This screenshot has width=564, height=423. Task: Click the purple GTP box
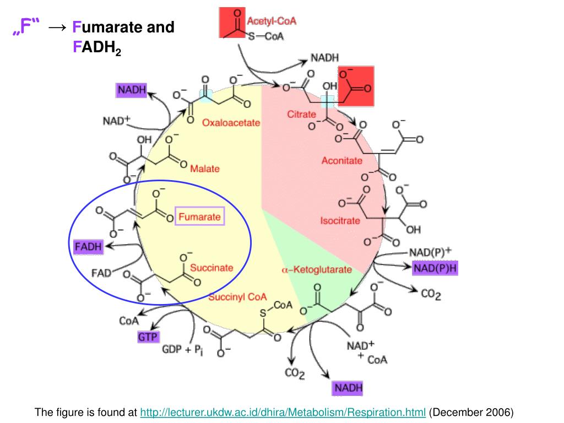coord(148,337)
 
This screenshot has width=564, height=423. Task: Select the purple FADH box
coord(89,247)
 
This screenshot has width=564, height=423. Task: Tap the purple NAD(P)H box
coord(436,268)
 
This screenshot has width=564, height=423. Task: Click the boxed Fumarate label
coord(200,217)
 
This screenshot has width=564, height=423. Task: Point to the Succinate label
coord(211,268)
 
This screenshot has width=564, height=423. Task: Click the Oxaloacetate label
coord(231,123)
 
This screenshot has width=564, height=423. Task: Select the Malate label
coord(205,168)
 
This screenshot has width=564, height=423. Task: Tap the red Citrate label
coord(302,115)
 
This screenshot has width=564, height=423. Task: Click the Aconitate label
coord(342,161)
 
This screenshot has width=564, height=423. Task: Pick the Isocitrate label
coord(340,221)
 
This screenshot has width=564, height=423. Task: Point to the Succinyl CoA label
coord(237,297)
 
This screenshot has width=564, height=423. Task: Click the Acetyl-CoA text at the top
coord(272,21)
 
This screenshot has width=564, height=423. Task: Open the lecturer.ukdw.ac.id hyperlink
coord(283,413)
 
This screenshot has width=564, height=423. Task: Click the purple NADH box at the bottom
coord(348,388)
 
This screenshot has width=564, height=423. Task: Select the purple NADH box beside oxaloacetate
coord(131,90)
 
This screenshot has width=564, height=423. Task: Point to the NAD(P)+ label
coord(430,252)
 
